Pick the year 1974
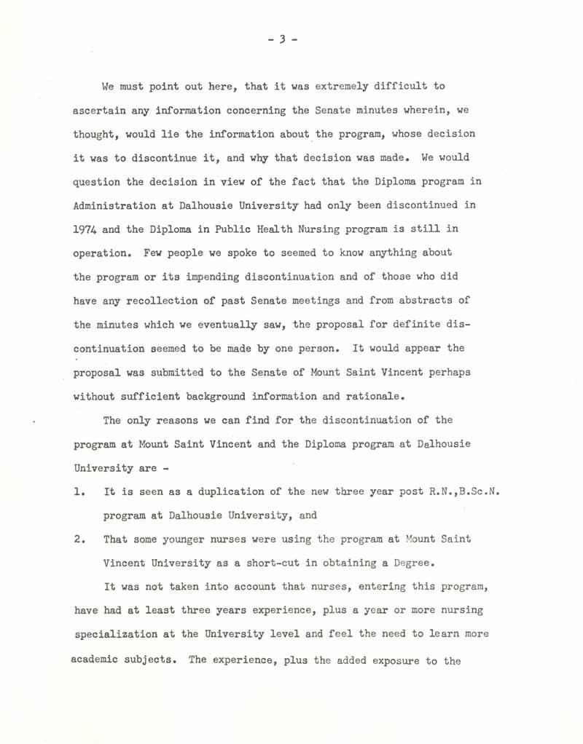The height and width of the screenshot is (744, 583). click(x=87, y=229)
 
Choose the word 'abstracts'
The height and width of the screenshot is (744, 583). click(x=431, y=300)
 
